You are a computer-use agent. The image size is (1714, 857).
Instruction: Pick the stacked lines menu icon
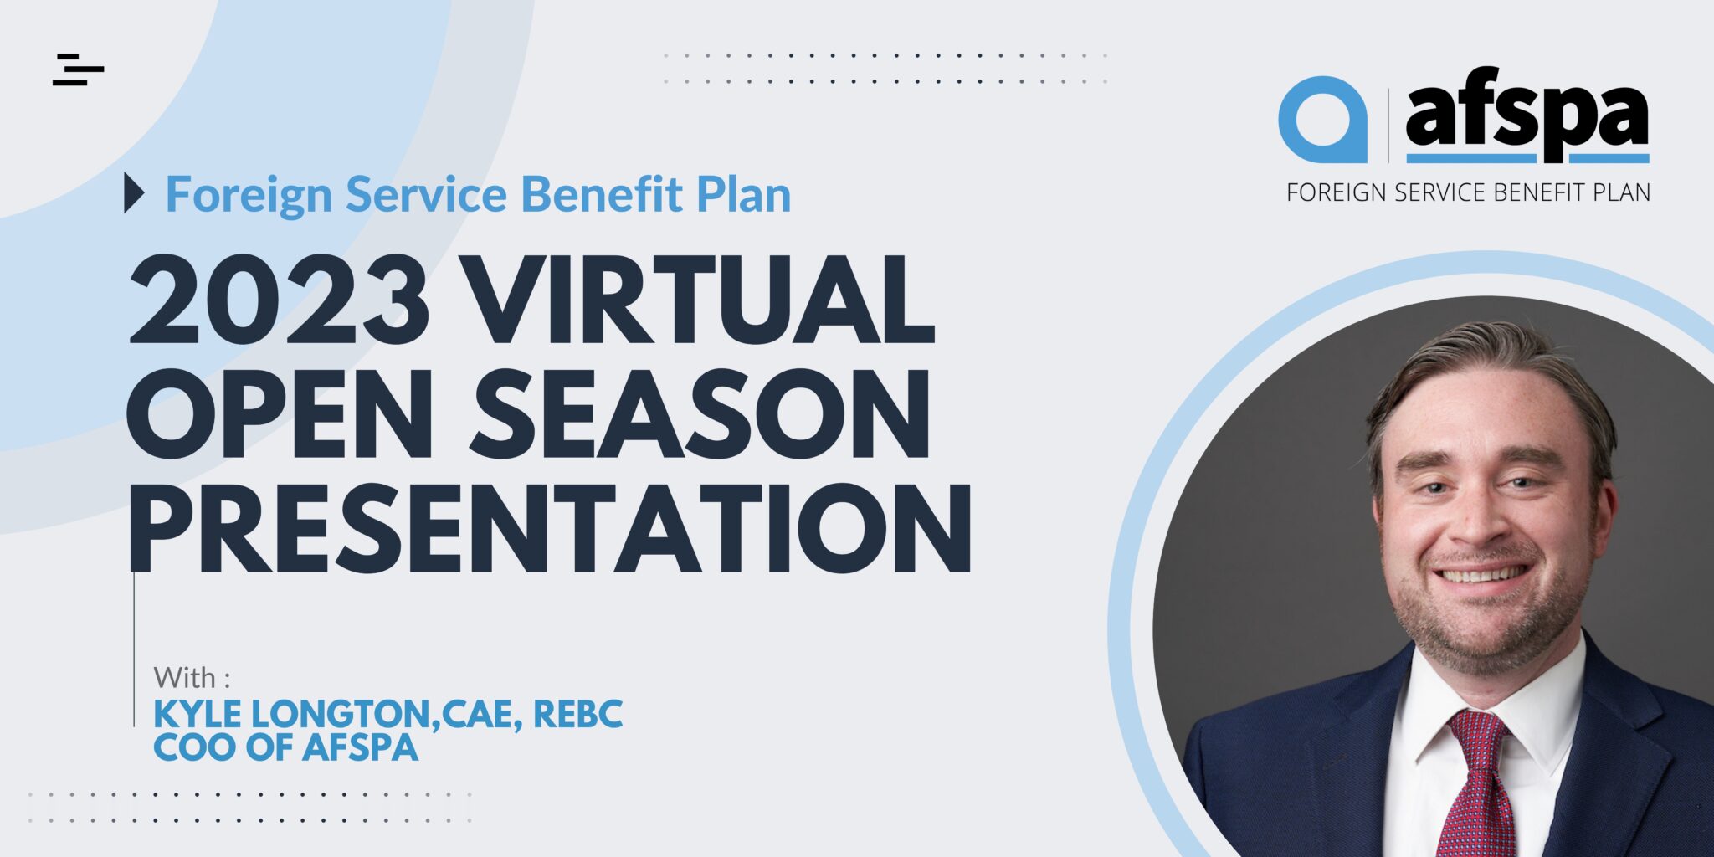click(78, 69)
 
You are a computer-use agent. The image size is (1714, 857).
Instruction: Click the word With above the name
click(184, 676)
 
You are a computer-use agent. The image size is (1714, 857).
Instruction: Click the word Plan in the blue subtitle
click(744, 194)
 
